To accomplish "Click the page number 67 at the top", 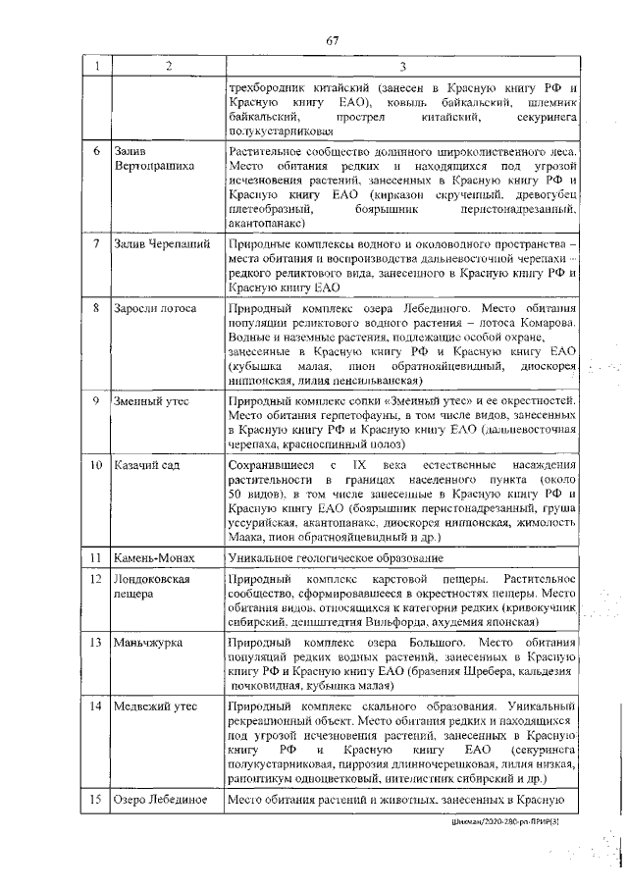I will [x=332, y=40].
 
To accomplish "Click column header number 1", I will [x=96, y=66].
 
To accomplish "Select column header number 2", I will [x=168, y=66].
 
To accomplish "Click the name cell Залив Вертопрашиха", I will [x=154, y=161].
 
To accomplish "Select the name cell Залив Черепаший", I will [x=159, y=242].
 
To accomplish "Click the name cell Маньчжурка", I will [x=149, y=643].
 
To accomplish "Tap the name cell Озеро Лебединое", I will [x=161, y=799].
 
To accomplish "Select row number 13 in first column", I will [x=97, y=643].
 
